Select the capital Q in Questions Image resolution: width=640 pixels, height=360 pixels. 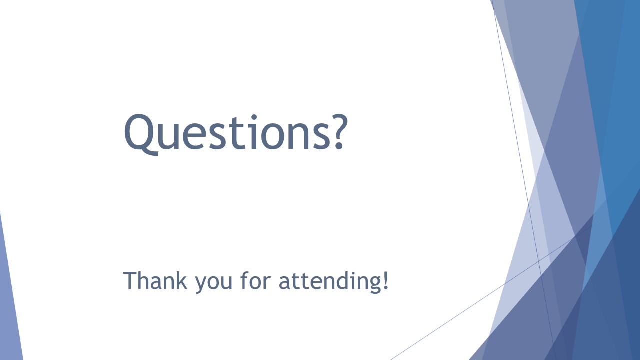pos(141,135)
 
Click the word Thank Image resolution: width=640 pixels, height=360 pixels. pos(155,280)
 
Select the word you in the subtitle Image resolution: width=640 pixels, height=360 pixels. pos(213,283)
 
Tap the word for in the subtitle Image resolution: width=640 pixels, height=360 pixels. pos(255,280)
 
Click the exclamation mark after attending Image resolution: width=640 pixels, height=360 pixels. pos(385,280)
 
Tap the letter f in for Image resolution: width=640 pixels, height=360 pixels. pos(245,280)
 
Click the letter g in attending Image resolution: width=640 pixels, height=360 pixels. pos(373,284)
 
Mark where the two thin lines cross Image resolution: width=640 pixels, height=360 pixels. pos(539,261)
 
